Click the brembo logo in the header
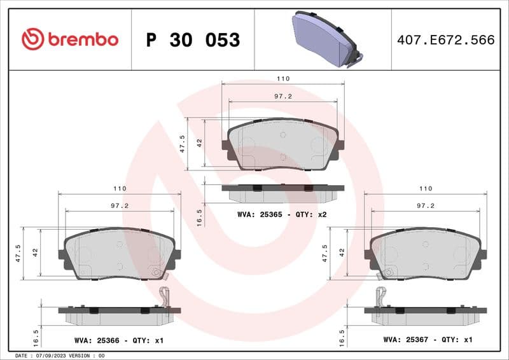(x=70, y=39)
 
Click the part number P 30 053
(x=193, y=40)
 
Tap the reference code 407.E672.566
(x=445, y=40)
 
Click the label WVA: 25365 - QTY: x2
(x=282, y=215)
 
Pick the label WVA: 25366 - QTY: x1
(x=118, y=341)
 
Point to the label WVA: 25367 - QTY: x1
(x=428, y=340)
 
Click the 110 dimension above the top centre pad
(x=283, y=78)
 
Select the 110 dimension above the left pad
(x=120, y=188)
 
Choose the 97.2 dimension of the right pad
(x=425, y=206)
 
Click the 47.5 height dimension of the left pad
(x=18, y=253)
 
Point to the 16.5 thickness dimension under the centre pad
(x=199, y=217)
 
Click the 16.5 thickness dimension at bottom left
(x=36, y=336)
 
